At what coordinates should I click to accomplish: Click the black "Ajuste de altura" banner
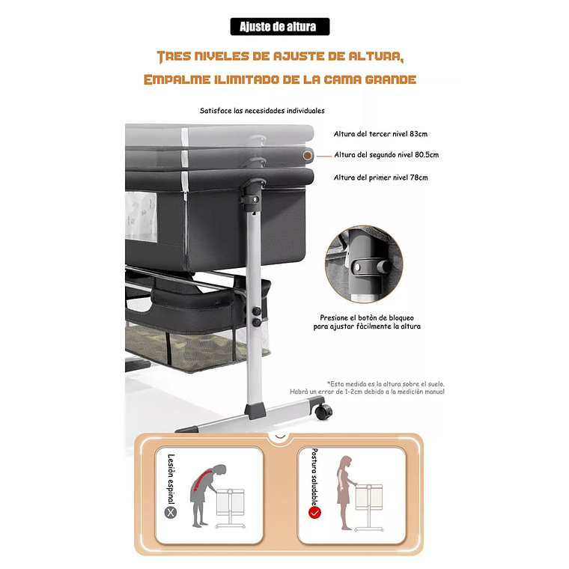[280, 26]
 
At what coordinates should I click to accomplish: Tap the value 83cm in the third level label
[419, 134]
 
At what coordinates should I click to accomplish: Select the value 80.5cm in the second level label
[427, 155]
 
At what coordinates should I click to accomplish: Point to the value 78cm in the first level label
[419, 178]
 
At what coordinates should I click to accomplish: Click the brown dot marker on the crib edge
[308, 156]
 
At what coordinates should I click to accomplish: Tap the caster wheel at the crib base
[323, 411]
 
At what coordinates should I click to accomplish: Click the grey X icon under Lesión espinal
[171, 512]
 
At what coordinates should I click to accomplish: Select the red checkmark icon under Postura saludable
[314, 512]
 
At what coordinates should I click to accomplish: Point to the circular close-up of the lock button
[364, 264]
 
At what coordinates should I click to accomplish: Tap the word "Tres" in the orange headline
[174, 57]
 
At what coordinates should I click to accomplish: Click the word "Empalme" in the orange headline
[177, 79]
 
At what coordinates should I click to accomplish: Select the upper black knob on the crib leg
[257, 311]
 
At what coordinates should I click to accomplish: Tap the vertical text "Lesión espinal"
[171, 479]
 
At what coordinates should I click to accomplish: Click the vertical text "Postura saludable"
[314, 477]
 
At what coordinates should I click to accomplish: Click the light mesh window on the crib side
[142, 216]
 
